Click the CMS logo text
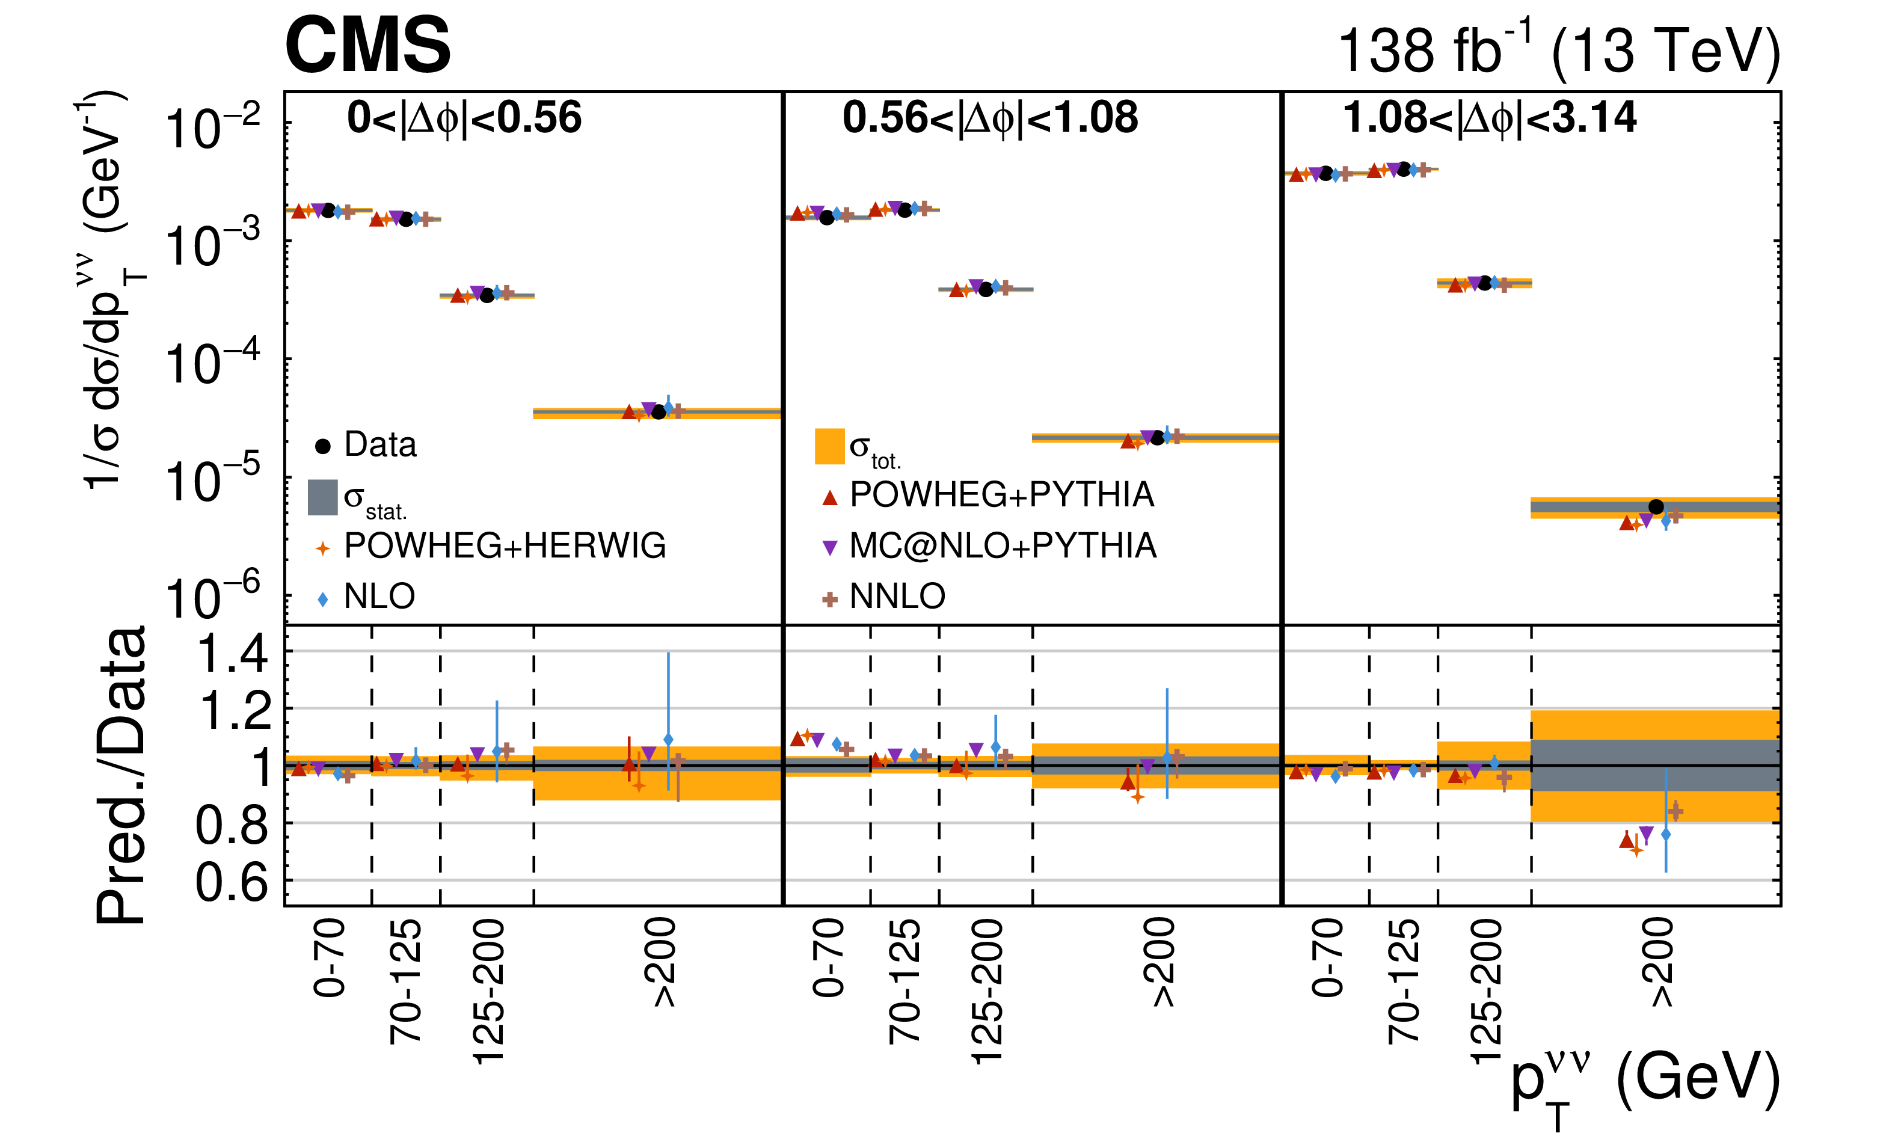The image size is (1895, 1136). point(367,46)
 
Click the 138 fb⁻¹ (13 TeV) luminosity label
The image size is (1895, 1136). point(1558,51)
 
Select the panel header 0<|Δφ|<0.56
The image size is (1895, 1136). point(464,118)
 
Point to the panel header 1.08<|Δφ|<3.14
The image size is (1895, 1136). point(1490,118)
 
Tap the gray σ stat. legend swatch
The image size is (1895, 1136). point(322,497)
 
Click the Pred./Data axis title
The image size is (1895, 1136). point(121,775)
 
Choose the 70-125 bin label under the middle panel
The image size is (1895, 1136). point(905,981)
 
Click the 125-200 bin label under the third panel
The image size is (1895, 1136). point(1485,991)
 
